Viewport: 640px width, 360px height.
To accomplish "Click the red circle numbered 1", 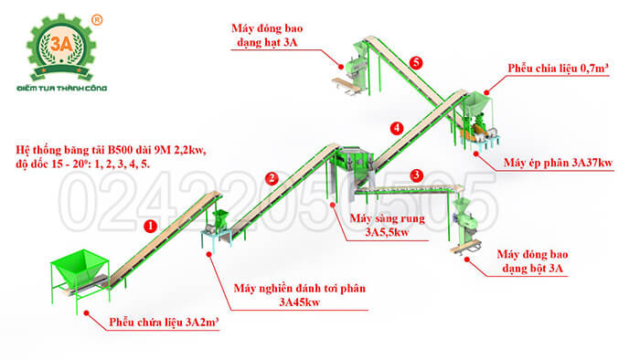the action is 151,227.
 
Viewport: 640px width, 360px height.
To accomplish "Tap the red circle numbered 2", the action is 272,178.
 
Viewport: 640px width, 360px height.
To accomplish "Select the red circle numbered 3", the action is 416,175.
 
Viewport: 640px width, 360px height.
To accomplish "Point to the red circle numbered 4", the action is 396,129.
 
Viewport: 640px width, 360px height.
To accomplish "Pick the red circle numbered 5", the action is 415,63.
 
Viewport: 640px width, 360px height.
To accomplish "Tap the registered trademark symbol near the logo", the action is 97,19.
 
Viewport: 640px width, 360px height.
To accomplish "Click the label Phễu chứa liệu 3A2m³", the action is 164,323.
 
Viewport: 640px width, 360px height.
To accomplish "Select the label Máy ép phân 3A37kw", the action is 558,163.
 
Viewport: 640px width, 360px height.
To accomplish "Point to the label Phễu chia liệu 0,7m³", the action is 558,69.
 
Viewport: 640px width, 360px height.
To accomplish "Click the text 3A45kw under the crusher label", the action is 300,302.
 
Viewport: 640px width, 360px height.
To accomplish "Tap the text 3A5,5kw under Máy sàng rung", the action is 387,232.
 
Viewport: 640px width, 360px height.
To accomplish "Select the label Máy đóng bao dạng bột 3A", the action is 532,261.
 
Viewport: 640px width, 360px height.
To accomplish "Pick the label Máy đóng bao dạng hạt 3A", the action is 267,35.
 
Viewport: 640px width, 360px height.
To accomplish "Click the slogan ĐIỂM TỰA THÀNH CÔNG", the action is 62,88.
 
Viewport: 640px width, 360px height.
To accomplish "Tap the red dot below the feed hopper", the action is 87,312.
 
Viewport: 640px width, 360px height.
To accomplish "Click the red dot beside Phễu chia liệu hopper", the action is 486,93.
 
